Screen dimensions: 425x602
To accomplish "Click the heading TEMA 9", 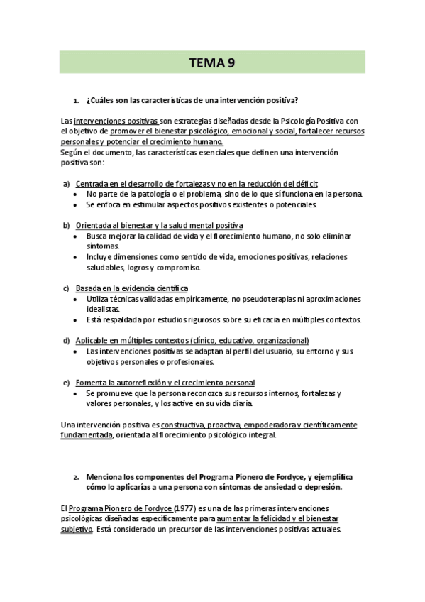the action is (x=211, y=62).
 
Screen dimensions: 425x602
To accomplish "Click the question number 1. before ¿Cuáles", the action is (x=76, y=100).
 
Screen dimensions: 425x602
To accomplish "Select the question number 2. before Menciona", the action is (x=76, y=477).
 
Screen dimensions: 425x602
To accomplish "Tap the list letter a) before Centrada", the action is (x=66, y=184).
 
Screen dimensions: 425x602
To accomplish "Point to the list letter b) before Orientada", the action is (x=66, y=225).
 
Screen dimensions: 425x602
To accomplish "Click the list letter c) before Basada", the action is (x=66, y=288).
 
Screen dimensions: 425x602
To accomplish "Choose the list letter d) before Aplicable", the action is (x=66, y=341).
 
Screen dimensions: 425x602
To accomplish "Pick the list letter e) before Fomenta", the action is (x=66, y=383).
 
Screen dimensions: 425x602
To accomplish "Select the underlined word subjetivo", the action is (x=77, y=530).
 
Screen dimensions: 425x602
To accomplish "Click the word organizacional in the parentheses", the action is (x=280, y=341).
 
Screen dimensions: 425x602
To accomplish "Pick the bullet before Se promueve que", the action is (x=77, y=393).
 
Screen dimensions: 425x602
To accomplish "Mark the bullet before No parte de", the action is (x=77, y=195).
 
